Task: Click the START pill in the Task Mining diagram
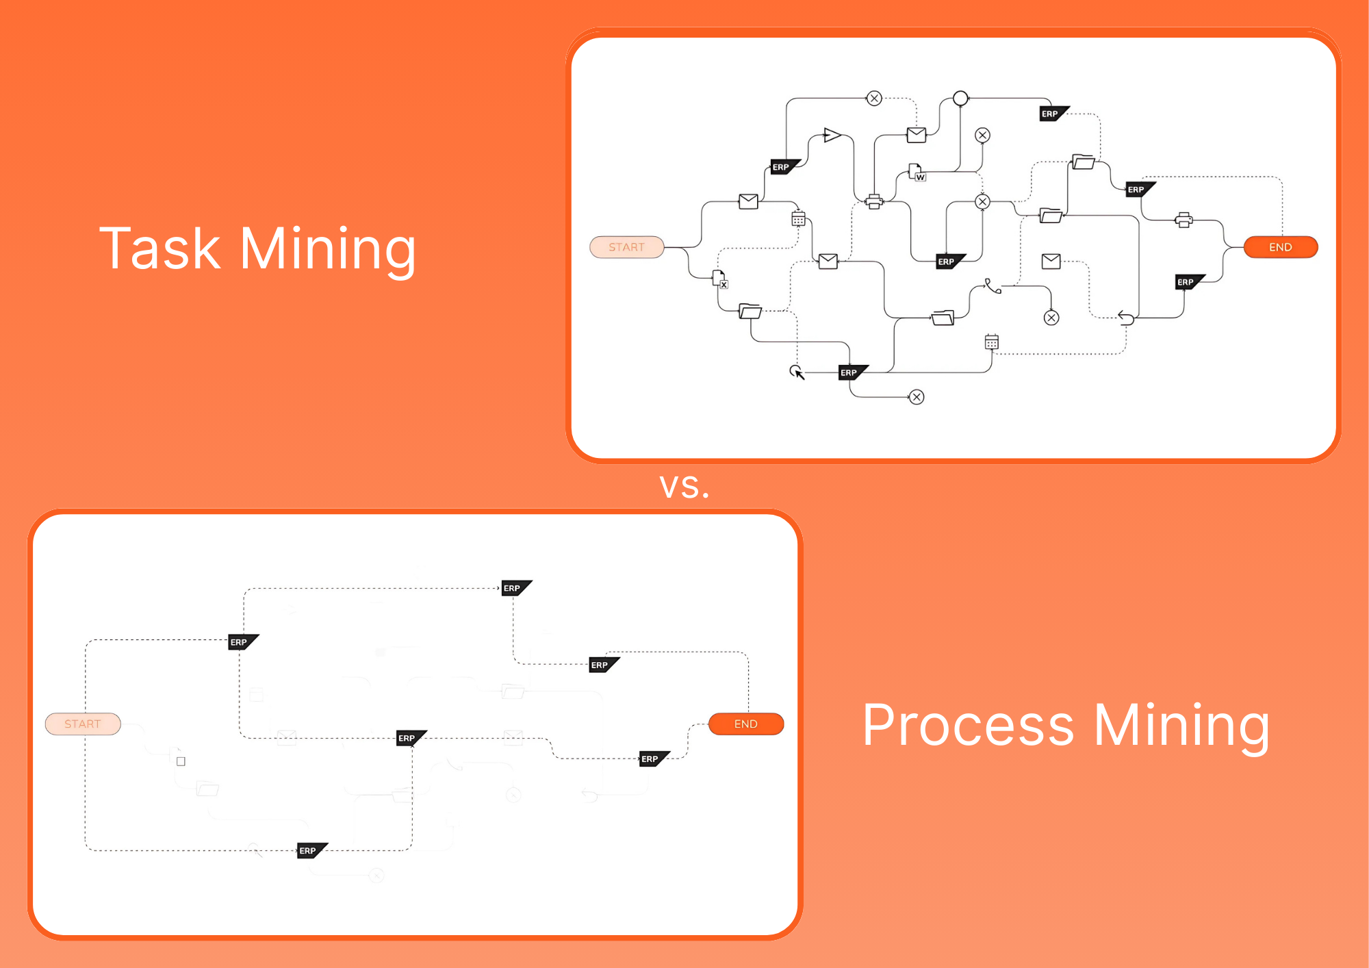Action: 626,247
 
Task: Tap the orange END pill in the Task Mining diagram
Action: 1280,247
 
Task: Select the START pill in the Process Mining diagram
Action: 83,724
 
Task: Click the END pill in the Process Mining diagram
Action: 745,724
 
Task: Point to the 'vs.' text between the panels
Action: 684,486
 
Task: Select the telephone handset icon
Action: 992,285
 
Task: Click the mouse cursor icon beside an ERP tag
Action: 797,372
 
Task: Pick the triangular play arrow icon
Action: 832,135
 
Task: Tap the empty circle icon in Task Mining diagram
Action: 960,99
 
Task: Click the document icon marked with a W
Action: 917,172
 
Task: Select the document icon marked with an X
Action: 720,279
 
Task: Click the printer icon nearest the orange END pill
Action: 1184,220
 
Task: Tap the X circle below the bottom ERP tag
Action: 917,397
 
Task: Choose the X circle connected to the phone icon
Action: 1051,318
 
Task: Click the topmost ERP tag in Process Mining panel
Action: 515,588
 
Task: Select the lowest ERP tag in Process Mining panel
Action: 311,850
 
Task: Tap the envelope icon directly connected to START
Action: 748,201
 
